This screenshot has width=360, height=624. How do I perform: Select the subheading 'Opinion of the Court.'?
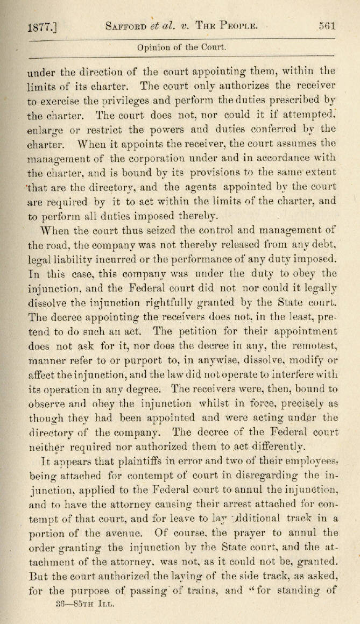(x=181, y=47)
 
